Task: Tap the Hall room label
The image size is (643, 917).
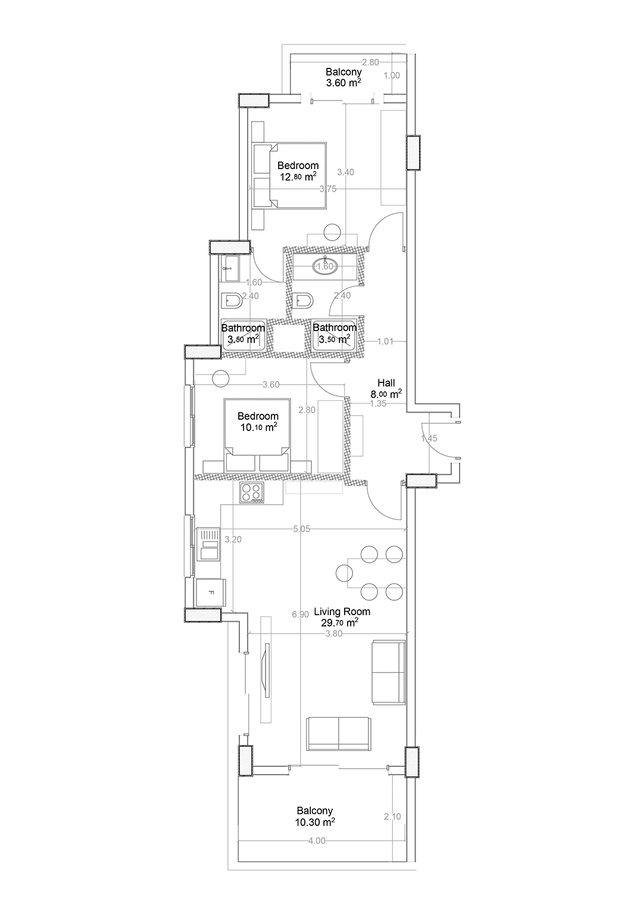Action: tap(386, 388)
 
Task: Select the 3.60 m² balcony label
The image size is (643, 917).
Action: tap(344, 77)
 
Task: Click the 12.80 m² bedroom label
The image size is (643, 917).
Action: tap(298, 171)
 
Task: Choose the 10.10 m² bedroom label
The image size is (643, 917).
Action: tap(258, 422)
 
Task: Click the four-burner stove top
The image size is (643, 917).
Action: tap(252, 492)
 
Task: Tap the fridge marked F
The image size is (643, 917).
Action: tap(211, 592)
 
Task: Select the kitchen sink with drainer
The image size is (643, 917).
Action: tap(208, 544)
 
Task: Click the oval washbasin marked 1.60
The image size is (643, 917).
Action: tap(326, 267)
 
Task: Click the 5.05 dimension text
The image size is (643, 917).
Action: tap(301, 529)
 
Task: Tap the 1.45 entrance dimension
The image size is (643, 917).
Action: tap(429, 438)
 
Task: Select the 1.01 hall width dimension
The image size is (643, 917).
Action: tap(385, 341)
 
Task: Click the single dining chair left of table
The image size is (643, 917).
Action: tap(344, 573)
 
